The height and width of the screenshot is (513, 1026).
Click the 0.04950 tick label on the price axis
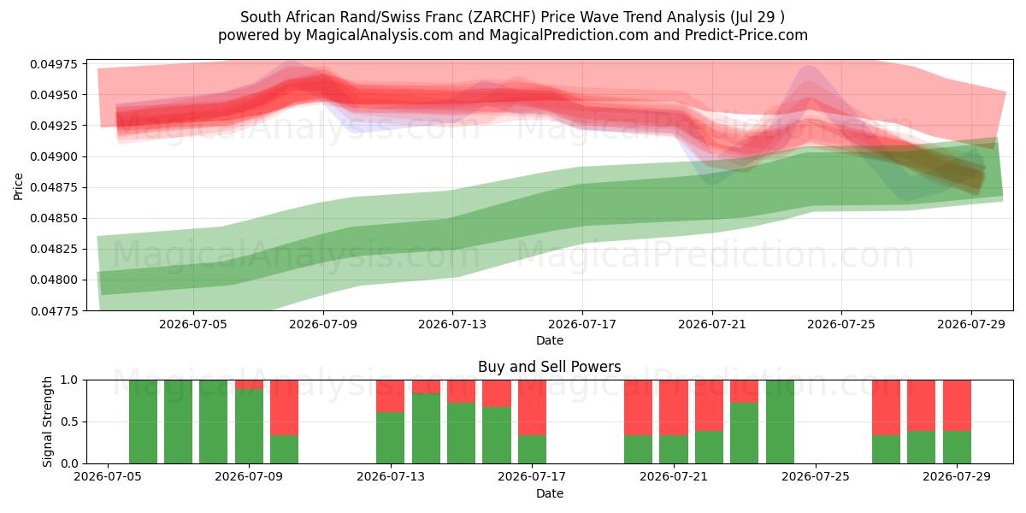[55, 95]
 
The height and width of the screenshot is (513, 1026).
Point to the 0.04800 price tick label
[55, 280]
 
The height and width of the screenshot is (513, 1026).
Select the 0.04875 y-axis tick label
[55, 187]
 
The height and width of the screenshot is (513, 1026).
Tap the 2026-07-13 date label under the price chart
[452, 324]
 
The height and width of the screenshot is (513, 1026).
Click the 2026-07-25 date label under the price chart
[841, 324]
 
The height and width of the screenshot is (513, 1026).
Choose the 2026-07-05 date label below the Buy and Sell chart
[108, 476]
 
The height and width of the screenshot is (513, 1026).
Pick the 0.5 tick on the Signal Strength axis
[70, 422]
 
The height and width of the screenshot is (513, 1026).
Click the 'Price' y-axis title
[18, 186]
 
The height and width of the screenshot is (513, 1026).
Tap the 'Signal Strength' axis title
[47, 422]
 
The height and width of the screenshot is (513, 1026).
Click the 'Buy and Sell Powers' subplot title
[549, 367]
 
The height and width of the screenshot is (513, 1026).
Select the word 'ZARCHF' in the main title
[502, 17]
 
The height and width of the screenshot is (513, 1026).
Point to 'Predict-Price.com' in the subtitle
[746, 35]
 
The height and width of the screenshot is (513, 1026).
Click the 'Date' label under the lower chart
[550, 493]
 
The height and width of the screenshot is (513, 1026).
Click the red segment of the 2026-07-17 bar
[532, 408]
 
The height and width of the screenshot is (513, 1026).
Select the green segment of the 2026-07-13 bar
[390, 438]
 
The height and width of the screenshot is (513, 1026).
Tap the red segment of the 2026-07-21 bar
[674, 408]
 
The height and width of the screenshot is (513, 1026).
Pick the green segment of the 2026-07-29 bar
[957, 447]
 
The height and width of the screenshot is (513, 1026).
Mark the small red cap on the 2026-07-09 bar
[249, 385]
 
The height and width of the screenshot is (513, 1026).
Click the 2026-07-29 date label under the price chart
[971, 324]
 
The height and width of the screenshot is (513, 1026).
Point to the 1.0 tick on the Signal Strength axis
[70, 380]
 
